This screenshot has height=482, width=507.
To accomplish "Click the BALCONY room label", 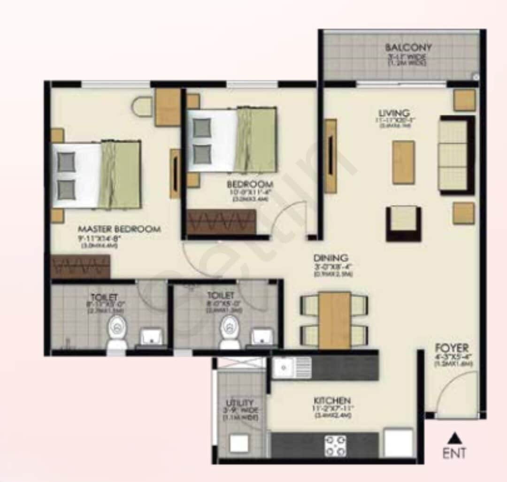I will click(408, 47).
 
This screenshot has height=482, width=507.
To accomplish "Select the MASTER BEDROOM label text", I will click(119, 229).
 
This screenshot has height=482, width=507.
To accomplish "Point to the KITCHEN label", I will click(332, 400).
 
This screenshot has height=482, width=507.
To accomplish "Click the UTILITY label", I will click(240, 403).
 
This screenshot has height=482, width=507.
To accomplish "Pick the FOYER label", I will click(451, 348).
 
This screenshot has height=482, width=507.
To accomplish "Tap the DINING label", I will click(331, 258).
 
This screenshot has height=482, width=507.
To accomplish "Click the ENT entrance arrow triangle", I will click(454, 438).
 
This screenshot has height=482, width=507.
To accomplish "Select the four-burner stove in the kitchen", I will click(336, 445).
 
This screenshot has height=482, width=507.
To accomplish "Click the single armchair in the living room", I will click(403, 223).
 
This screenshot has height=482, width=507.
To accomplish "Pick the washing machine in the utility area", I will click(239, 444).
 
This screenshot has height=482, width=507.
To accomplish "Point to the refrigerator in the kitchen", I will click(399, 443).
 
